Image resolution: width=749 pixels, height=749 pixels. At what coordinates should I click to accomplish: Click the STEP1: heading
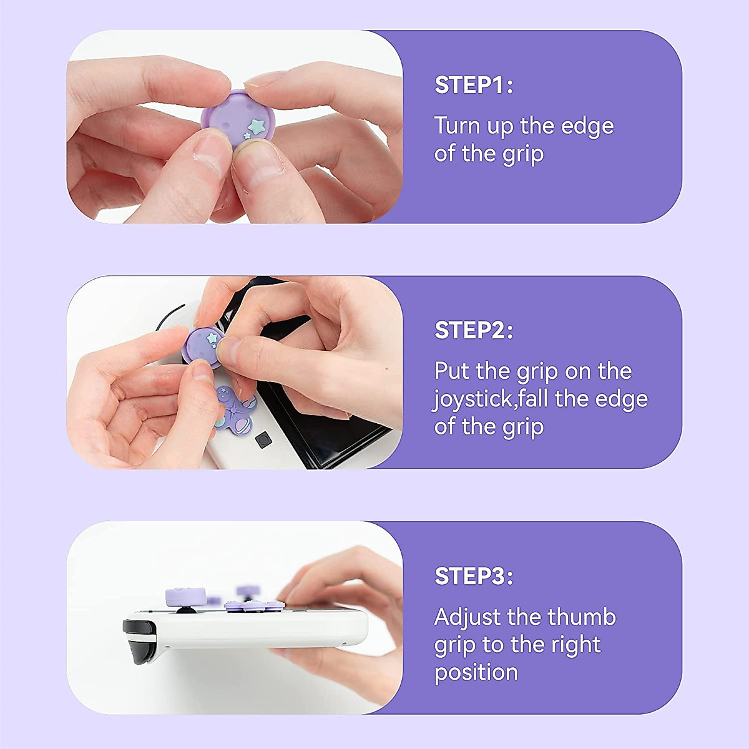point(473,85)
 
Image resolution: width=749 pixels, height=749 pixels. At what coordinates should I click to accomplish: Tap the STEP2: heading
point(473,330)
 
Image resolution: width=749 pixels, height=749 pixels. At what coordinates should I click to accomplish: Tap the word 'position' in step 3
point(476,673)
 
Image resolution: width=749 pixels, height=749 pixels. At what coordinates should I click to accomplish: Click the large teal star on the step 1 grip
point(256,126)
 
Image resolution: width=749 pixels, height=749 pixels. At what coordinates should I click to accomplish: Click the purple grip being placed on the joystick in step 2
point(203,345)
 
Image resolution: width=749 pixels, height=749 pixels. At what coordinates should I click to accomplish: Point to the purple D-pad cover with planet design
point(235,406)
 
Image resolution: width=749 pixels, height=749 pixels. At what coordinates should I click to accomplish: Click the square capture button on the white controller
point(263,439)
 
